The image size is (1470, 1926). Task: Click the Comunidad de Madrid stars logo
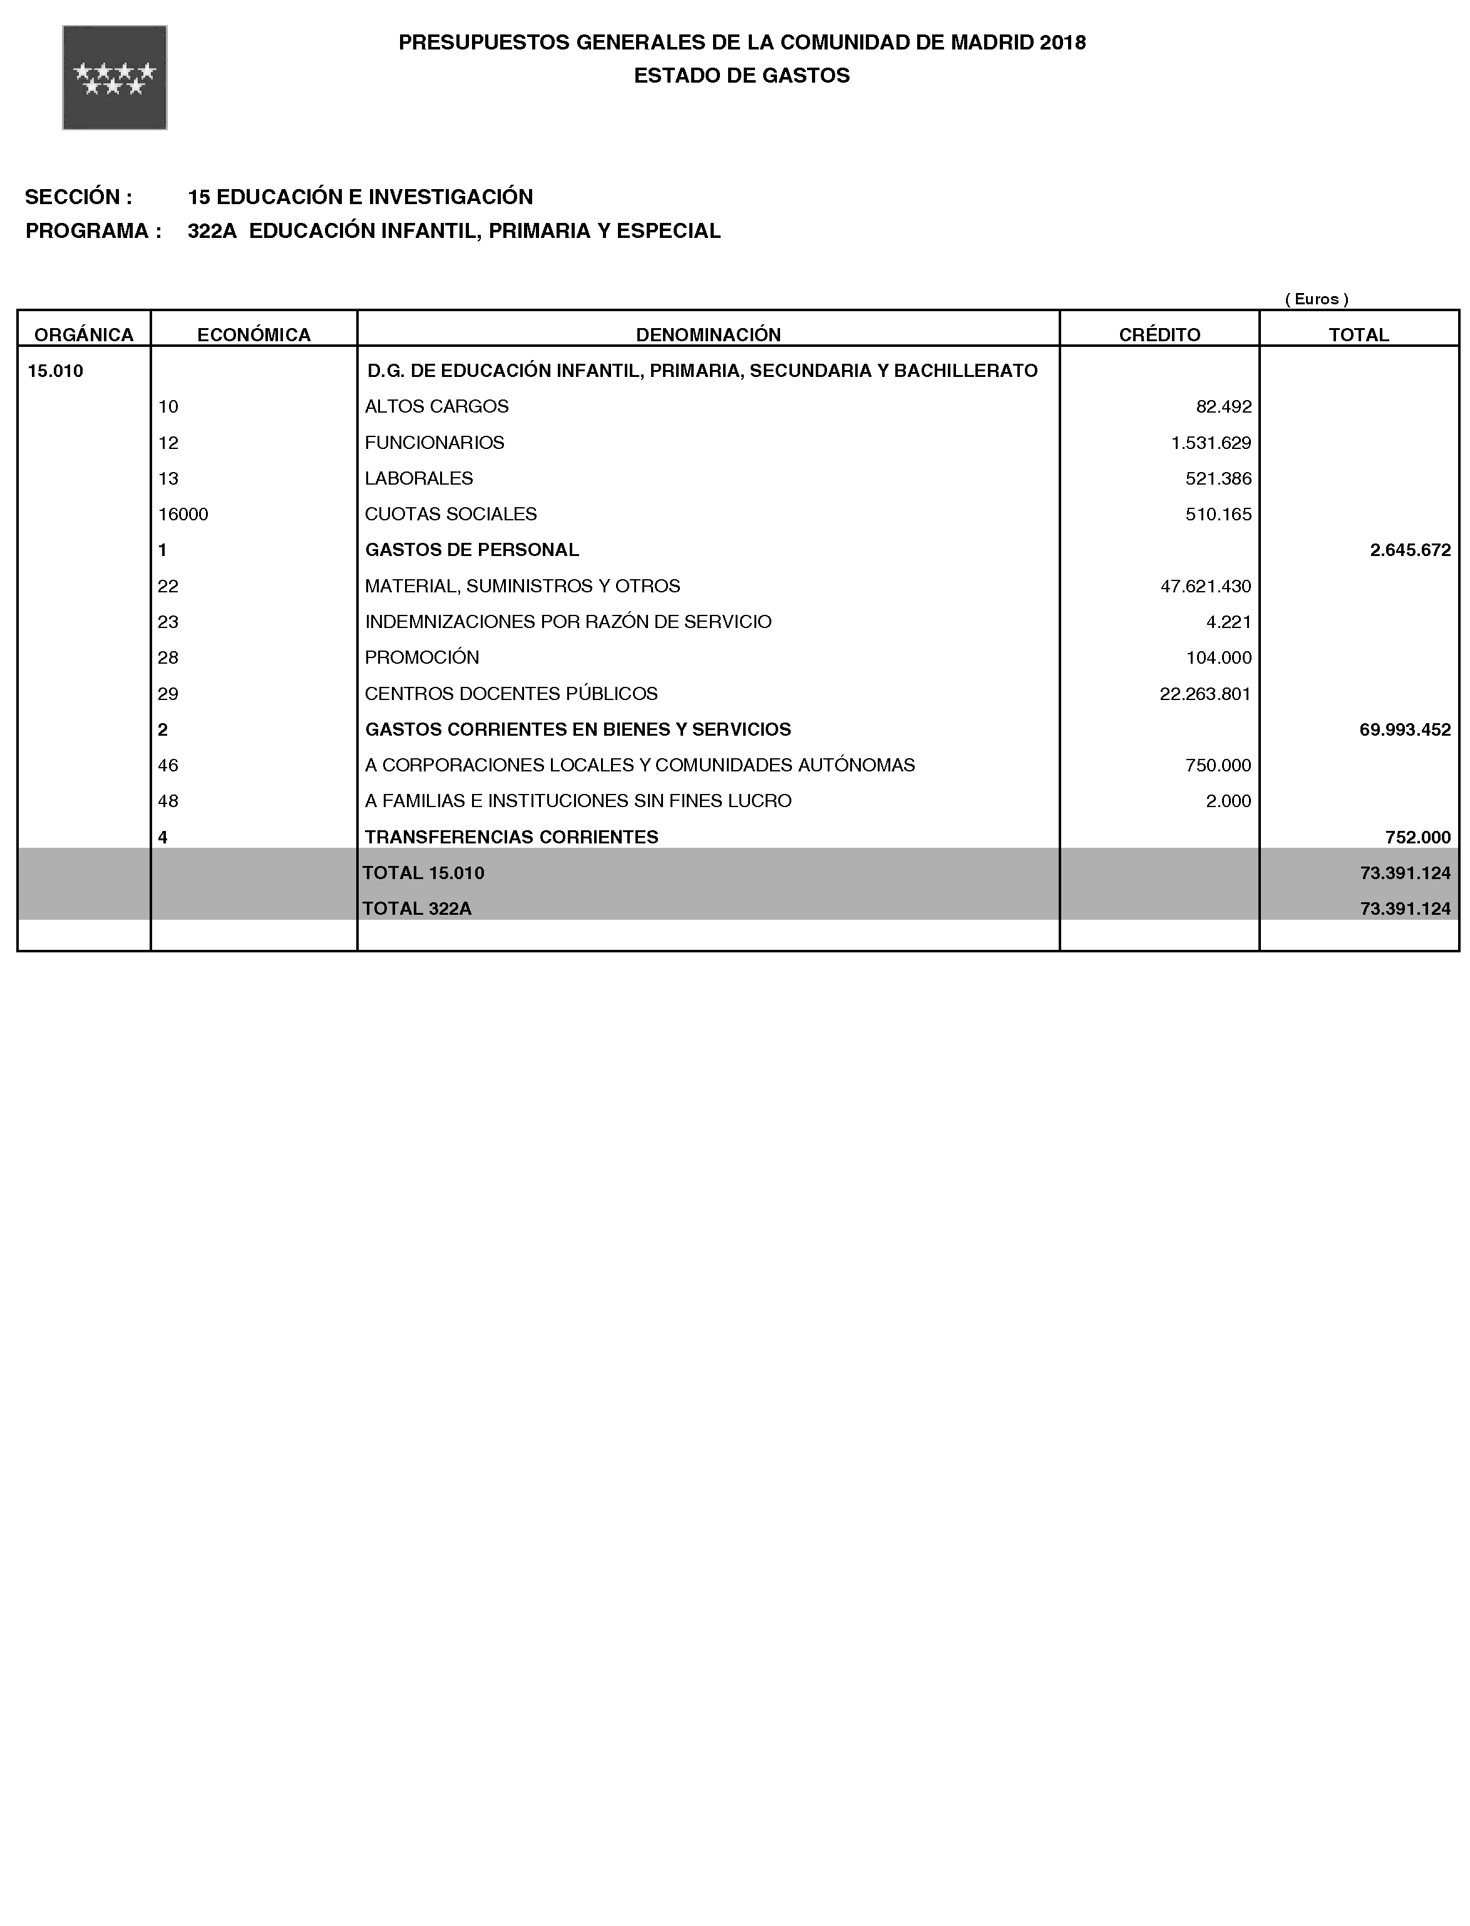pos(115,78)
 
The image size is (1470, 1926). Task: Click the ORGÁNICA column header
pos(84,334)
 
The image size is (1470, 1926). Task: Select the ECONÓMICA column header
pos(254,334)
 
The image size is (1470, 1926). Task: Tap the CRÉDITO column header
pos(1159,334)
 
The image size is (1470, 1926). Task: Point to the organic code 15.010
pos(56,371)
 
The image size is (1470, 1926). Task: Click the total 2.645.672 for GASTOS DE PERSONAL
pos(1410,550)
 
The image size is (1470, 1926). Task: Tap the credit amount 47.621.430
pos(1205,586)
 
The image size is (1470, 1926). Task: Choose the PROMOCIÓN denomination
pos(422,658)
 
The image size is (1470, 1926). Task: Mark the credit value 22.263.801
pos(1205,694)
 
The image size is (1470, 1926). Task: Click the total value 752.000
pos(1417,837)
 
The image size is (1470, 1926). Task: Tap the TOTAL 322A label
pos(418,909)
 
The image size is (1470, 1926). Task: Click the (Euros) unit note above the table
pos(1316,299)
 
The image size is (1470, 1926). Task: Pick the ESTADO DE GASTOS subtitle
pos(741,76)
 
